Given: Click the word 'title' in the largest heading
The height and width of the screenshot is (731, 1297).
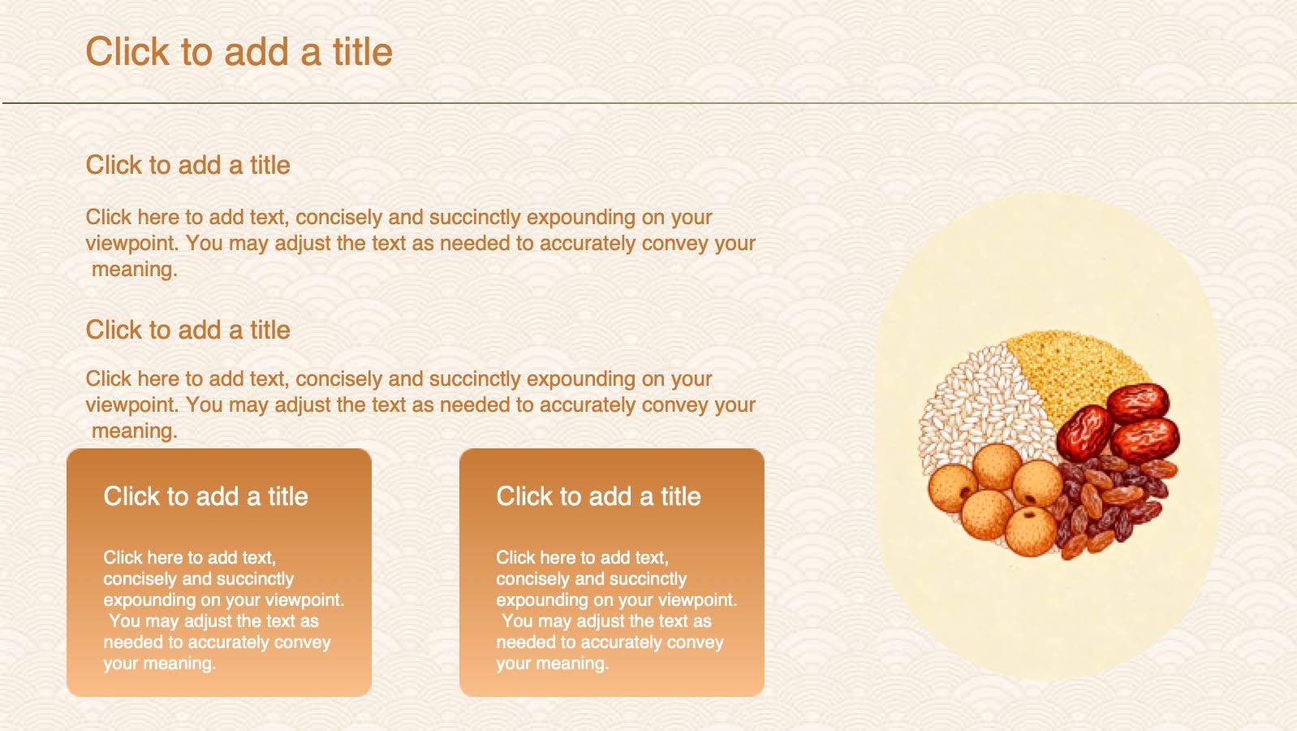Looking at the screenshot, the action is click(363, 52).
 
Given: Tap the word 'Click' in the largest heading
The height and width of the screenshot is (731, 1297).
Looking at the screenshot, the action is click(127, 52).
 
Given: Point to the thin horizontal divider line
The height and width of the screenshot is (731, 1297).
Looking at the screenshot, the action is click(648, 103).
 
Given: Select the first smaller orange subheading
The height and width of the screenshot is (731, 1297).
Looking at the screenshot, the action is click(187, 165).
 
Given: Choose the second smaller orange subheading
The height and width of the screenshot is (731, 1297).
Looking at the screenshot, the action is click(187, 330).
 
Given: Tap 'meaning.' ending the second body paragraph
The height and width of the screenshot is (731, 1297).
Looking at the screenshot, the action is click(135, 431).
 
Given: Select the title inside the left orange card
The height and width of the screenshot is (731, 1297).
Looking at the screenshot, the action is click(205, 496).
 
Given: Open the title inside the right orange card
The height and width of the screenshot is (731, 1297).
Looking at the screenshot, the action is click(598, 496).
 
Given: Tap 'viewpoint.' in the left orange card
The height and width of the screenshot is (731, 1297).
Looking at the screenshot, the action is click(305, 600).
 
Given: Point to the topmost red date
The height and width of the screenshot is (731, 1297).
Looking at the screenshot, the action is click(1138, 402).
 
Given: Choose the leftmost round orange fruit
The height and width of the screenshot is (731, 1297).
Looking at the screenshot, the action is click(953, 488).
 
